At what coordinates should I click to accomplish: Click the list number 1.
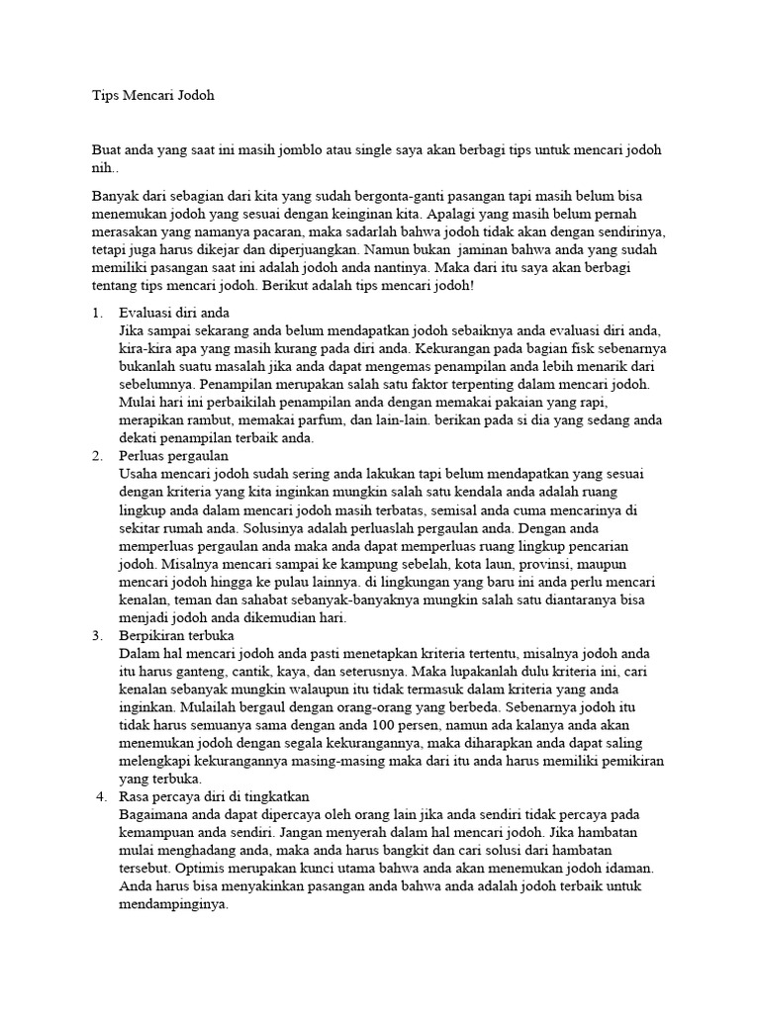click(x=96, y=313)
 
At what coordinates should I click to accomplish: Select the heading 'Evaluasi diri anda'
click(x=173, y=313)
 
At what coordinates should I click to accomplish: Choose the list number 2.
click(x=96, y=455)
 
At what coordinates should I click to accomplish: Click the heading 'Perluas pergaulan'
click(x=173, y=455)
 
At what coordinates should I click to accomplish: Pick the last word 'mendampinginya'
click(x=172, y=903)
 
